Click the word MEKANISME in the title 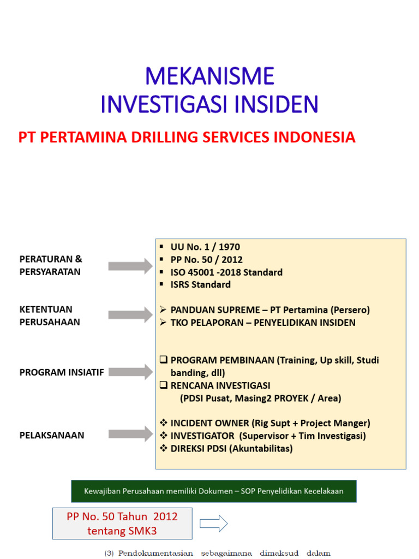(x=209, y=76)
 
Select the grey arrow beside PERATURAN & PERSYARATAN (x=131, y=266)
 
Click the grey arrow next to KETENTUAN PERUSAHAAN (x=131, y=315)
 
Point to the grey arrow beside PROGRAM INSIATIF (x=131, y=372)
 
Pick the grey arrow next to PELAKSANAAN (x=131, y=435)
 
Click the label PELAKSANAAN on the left (x=52, y=435)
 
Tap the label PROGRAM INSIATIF (x=62, y=372)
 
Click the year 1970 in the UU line (x=229, y=247)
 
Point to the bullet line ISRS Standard (x=200, y=284)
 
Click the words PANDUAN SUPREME (x=208, y=310)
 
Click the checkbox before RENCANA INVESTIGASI (x=163, y=385)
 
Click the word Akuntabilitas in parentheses (x=262, y=449)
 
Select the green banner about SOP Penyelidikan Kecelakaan (x=213, y=491)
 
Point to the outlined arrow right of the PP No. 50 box (x=213, y=524)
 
